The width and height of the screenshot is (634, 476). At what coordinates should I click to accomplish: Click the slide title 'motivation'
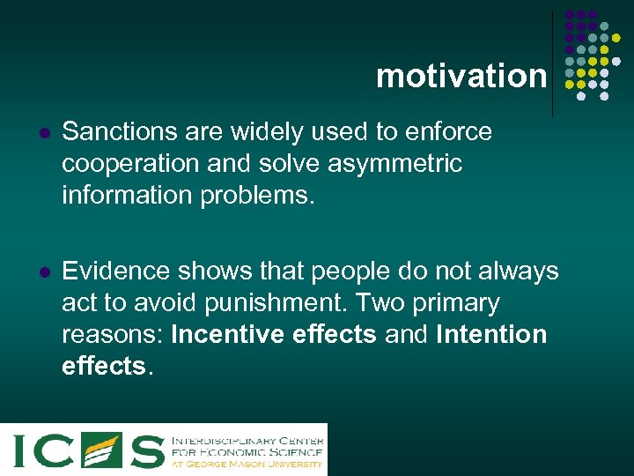(x=461, y=76)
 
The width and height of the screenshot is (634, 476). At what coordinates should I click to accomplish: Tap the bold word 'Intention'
(x=490, y=335)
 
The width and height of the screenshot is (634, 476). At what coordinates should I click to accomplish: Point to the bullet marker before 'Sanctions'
(x=42, y=133)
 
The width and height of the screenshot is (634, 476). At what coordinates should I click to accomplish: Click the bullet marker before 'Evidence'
(x=42, y=271)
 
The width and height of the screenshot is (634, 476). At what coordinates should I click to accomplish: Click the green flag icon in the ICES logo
(x=100, y=450)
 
